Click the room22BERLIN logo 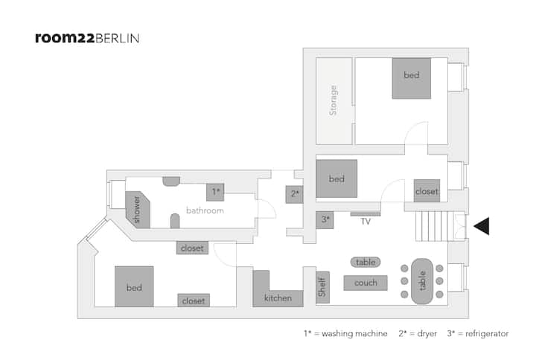(x=87, y=38)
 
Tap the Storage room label (x=333, y=100)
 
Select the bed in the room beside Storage (x=411, y=78)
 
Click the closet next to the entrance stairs (x=427, y=190)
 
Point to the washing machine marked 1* (x=215, y=192)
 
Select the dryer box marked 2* (x=294, y=194)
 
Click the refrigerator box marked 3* (x=325, y=220)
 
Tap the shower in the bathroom (x=138, y=209)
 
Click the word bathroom (x=205, y=210)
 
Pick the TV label (x=366, y=222)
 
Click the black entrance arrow (x=482, y=226)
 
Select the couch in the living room (x=366, y=283)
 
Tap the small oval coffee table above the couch (x=366, y=262)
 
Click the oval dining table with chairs (x=422, y=280)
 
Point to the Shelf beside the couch (x=322, y=287)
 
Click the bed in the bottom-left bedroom (x=134, y=286)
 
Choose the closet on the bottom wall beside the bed (x=194, y=300)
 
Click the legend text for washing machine (x=345, y=333)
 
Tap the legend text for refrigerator (x=478, y=333)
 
